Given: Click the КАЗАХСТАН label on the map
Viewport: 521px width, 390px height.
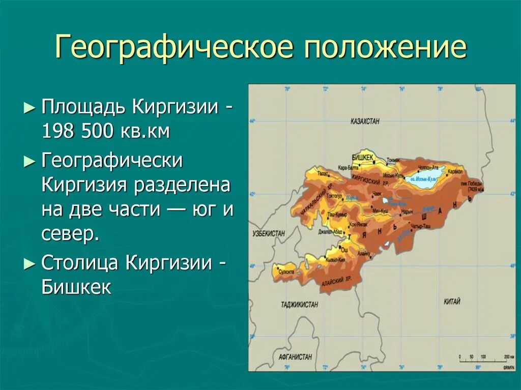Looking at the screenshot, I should pos(365,122).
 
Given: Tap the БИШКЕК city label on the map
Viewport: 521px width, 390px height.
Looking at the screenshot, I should pos(363,157).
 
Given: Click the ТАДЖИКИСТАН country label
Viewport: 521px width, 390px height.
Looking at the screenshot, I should pos(299,305).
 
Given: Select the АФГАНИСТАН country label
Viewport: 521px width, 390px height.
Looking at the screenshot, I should pos(295,356).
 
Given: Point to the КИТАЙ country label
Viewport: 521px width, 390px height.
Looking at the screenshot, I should pos(451,302).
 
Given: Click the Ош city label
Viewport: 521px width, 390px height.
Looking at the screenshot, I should pos(344,250).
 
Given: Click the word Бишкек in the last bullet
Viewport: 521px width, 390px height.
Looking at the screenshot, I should pos(76,287).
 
